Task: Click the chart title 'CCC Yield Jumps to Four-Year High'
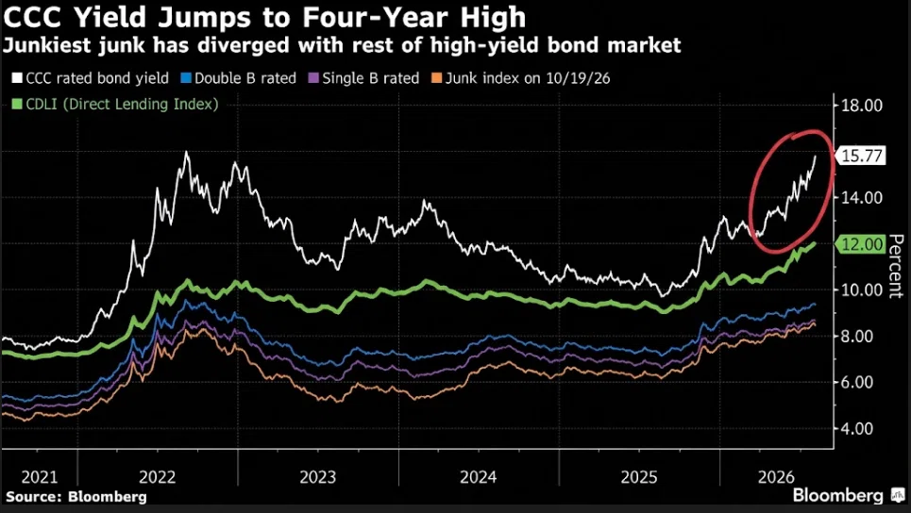coord(265,17)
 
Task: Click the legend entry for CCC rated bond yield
coord(90,78)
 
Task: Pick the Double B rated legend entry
coord(240,78)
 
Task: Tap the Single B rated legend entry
coord(363,78)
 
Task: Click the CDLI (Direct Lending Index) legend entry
coord(115,105)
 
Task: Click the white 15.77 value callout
coord(860,157)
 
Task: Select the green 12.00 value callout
coord(860,244)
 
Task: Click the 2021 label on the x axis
coord(40,477)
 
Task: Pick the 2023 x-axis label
coord(318,477)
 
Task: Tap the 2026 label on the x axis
coord(776,477)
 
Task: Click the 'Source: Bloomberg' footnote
coord(76,497)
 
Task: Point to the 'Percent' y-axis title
coord(897,266)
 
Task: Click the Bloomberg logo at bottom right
coord(846,496)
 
